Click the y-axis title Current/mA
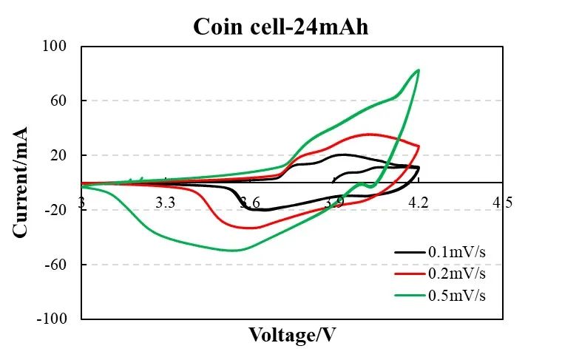[x=20, y=182]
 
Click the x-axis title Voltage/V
[x=292, y=335]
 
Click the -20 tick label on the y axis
[x=58, y=210]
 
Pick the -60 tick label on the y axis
[x=58, y=265]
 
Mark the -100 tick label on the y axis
[x=55, y=319]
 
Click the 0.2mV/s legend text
[x=457, y=274]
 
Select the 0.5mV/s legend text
[x=457, y=295]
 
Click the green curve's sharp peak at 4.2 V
[x=419, y=70]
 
